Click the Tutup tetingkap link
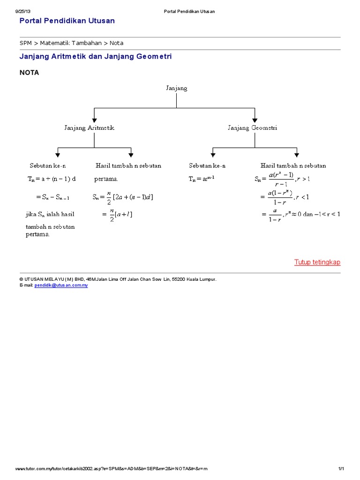(317, 262)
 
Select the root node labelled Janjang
(177, 88)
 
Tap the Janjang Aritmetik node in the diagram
(89, 127)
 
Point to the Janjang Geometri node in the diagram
(252, 127)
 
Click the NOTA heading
(29, 73)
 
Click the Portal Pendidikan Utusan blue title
(67, 21)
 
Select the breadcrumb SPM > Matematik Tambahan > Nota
(71, 43)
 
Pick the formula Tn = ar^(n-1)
(202, 179)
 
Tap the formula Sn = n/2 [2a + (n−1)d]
(123, 197)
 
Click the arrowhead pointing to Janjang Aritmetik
(94, 119)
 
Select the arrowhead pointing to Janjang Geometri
(255, 119)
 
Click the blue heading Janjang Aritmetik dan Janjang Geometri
(96, 56)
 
